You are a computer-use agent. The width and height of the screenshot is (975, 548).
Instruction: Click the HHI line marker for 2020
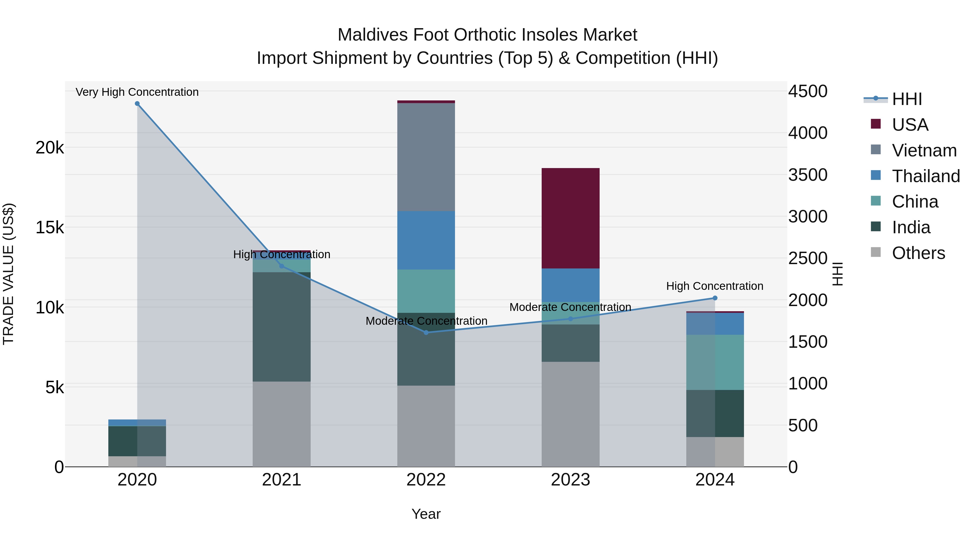pyautogui.click(x=137, y=104)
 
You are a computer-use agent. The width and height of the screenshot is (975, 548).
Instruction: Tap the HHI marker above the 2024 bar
pyautogui.click(x=715, y=298)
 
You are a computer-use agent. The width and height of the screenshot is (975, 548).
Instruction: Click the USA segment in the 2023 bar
pyautogui.click(x=570, y=218)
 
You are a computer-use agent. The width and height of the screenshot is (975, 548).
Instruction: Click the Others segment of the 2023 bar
pyautogui.click(x=570, y=414)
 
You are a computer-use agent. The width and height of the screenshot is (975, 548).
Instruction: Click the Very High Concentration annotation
pyautogui.click(x=137, y=92)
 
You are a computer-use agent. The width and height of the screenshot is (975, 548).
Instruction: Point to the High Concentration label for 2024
pyautogui.click(x=715, y=286)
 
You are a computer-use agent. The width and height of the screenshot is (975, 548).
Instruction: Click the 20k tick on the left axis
pyautogui.click(x=50, y=147)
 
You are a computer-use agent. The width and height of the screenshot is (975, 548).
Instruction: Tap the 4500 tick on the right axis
pyautogui.click(x=808, y=91)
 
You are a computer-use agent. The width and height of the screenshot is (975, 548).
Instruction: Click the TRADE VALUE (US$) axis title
pyautogui.click(x=8, y=274)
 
